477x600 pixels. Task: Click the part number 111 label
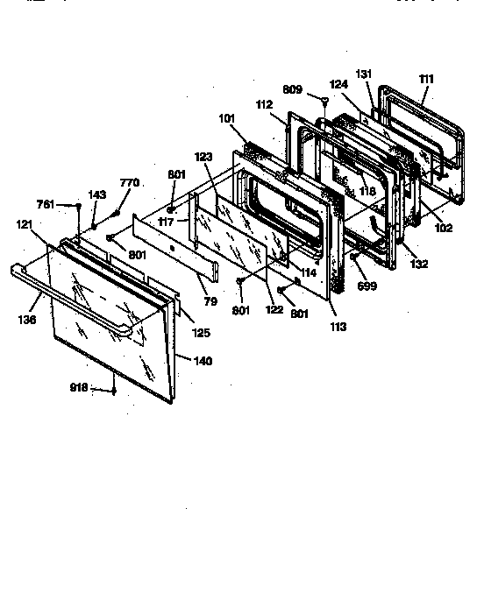pos(426,79)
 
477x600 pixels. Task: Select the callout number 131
pos(364,74)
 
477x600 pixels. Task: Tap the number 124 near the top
pos(339,84)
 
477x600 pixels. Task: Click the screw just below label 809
pos(324,102)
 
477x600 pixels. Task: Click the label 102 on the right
pos(444,229)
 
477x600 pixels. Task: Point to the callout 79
pos(210,302)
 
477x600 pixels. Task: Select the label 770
pos(129,183)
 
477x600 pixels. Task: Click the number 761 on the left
pos(46,204)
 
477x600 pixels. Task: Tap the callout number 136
pos(27,321)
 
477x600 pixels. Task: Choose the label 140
pos(203,360)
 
